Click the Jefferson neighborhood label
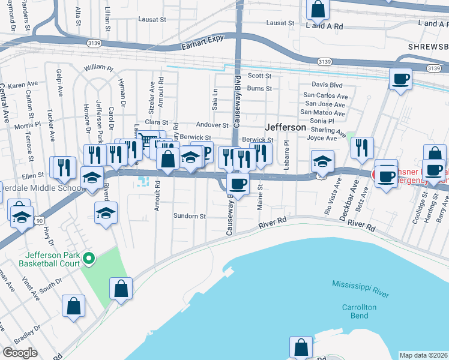click(x=286, y=128)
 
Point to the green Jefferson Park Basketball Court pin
click(x=89, y=259)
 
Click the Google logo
click(x=19, y=353)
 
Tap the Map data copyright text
click(x=424, y=355)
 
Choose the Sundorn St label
click(x=190, y=216)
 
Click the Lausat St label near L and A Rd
click(x=282, y=23)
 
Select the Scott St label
click(x=260, y=76)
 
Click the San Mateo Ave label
click(x=323, y=112)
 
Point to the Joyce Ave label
click(x=321, y=138)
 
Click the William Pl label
click(x=98, y=68)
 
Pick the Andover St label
click(x=213, y=125)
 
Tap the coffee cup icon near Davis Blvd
click(x=400, y=79)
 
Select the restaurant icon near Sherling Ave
click(x=361, y=148)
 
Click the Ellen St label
click(x=29, y=176)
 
